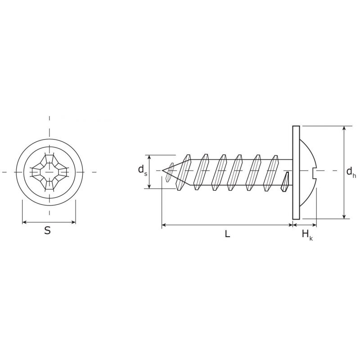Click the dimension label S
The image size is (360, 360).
pyautogui.click(x=47, y=230)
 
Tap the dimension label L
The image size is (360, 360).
pyautogui.click(x=227, y=234)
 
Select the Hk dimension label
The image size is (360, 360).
pyautogui.click(x=307, y=235)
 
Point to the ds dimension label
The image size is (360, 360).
pyautogui.click(x=143, y=170)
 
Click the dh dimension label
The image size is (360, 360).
pyautogui.click(x=351, y=172)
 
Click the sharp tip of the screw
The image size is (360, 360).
pyautogui.click(x=162, y=171)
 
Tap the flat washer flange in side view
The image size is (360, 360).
pyautogui.click(x=296, y=172)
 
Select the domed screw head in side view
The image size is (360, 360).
pyautogui.click(x=308, y=172)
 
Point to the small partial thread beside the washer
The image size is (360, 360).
pyautogui.click(x=285, y=182)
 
